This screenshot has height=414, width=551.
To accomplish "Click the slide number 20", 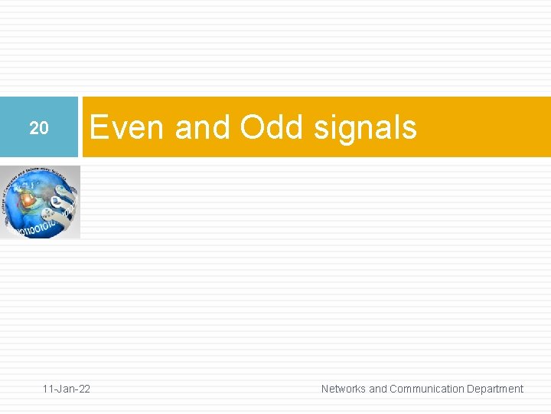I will tap(39, 129).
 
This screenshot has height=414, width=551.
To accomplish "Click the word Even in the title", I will tap(128, 127).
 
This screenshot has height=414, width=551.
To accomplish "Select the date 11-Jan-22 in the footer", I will tap(67, 389).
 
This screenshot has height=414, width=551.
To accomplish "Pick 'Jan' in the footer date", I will tap(67, 389).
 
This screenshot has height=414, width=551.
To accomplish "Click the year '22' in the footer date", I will tap(83, 389).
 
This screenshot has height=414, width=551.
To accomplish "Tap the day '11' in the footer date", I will tap(48, 389).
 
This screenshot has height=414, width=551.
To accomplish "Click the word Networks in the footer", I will tap(343, 389).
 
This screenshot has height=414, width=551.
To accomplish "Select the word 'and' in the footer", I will tap(378, 389).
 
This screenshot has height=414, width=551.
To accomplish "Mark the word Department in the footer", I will tap(495, 389).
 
